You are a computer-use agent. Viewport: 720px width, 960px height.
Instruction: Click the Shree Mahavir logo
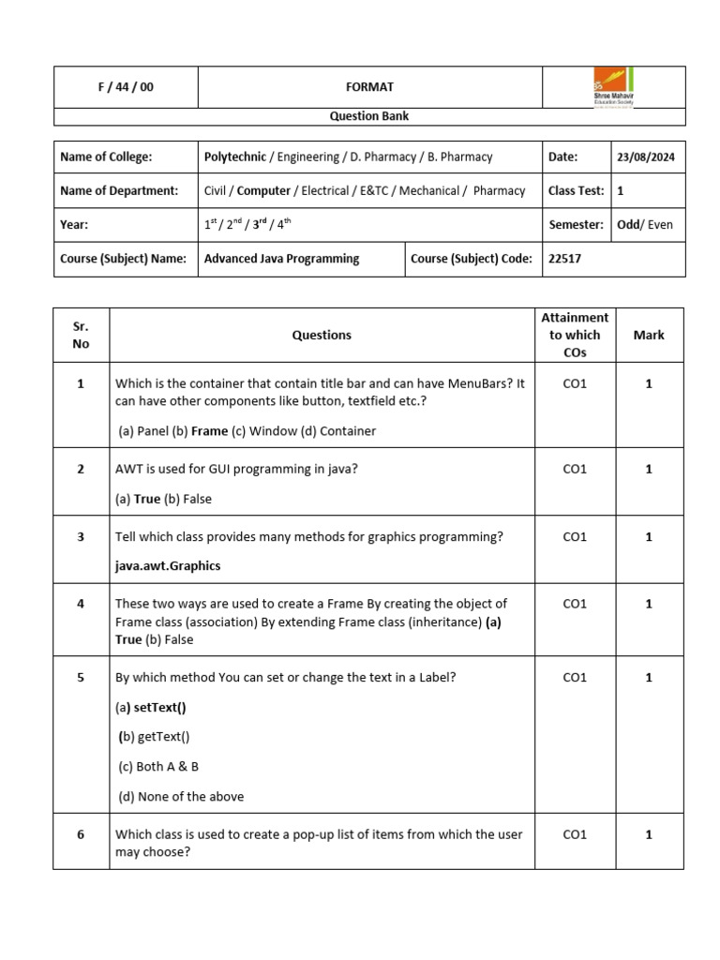point(613,87)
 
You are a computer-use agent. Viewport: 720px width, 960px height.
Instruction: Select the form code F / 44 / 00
point(126,87)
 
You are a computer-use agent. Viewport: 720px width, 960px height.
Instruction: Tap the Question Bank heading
point(368,116)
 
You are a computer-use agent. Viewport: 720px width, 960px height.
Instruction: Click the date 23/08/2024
point(646,157)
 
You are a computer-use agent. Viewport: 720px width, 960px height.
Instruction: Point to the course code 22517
point(564,258)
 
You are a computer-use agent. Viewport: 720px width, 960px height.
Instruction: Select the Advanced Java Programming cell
point(281,258)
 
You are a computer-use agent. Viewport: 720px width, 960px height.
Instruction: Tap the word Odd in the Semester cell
point(628,224)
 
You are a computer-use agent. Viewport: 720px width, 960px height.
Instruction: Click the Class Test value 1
point(621,190)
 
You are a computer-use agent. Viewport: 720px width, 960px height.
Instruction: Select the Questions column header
point(322,335)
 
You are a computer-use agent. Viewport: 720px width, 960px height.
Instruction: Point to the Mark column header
point(649,335)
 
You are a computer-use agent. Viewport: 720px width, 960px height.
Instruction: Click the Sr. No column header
point(81,335)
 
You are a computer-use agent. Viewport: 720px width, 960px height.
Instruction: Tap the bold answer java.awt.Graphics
point(168,566)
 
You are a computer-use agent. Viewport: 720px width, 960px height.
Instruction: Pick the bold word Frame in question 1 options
point(209,431)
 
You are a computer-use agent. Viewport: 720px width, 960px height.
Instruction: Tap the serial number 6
point(81,834)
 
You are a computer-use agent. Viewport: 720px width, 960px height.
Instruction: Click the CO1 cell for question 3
point(575,536)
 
